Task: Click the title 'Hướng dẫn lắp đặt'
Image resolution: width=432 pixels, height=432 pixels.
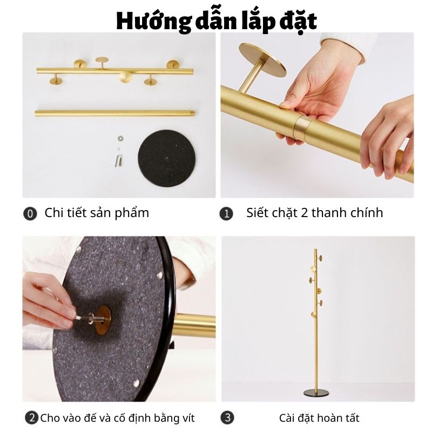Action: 216,20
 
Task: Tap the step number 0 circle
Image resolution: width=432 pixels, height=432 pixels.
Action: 30,214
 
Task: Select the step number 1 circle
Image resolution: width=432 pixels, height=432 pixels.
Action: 227,214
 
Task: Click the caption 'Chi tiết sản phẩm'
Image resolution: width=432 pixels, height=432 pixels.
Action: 97,213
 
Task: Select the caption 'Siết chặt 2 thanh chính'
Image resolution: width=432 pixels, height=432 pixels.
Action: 314,213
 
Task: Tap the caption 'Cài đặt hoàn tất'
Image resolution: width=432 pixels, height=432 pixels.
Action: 319,418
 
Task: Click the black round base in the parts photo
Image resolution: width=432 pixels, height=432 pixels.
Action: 166,158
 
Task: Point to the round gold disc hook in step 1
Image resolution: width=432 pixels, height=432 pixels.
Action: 262,59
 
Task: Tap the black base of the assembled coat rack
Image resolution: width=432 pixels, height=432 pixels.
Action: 316,391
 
